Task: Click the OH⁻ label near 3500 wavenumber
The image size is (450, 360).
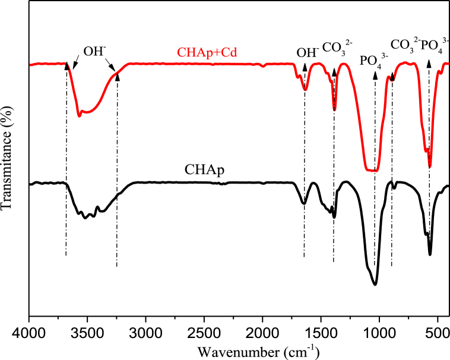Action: pyautogui.click(x=94, y=51)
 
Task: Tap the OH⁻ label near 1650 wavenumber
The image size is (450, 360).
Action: pyautogui.click(x=307, y=53)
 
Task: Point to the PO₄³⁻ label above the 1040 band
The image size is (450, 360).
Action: pyautogui.click(x=375, y=61)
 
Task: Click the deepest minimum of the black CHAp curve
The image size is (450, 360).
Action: pyautogui.click(x=375, y=285)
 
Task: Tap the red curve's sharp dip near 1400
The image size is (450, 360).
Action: pyautogui.click(x=334, y=109)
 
